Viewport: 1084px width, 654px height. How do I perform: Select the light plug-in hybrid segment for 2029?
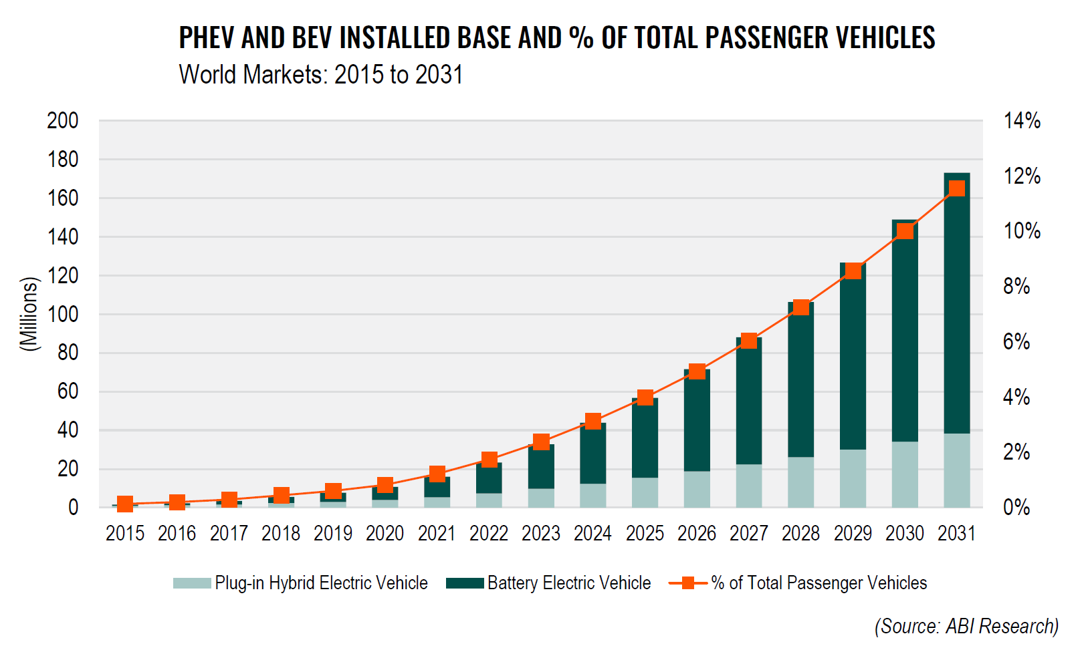[x=853, y=478]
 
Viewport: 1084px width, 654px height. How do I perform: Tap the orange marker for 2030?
[x=905, y=231]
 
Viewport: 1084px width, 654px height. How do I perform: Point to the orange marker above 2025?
[x=645, y=397]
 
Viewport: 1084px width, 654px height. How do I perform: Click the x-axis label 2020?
[x=385, y=534]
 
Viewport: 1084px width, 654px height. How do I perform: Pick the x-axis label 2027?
[x=749, y=534]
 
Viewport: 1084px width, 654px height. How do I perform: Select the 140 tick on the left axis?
[x=63, y=236]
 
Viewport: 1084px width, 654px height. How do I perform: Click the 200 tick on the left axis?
[x=63, y=121]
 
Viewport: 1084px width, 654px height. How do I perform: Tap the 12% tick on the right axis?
[x=1022, y=176]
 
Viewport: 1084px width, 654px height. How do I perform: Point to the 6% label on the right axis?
[x=1016, y=342]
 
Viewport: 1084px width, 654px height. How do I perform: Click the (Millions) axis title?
[x=29, y=314]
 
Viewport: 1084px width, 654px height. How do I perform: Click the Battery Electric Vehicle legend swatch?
[x=465, y=583]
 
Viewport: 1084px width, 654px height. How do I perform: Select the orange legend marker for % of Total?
[x=687, y=583]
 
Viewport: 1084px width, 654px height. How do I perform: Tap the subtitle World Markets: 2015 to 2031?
[x=321, y=74]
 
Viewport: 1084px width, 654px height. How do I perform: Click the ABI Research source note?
[x=966, y=626]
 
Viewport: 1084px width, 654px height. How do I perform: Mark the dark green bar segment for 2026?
[x=697, y=421]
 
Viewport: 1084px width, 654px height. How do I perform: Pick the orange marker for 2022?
[x=489, y=460]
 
